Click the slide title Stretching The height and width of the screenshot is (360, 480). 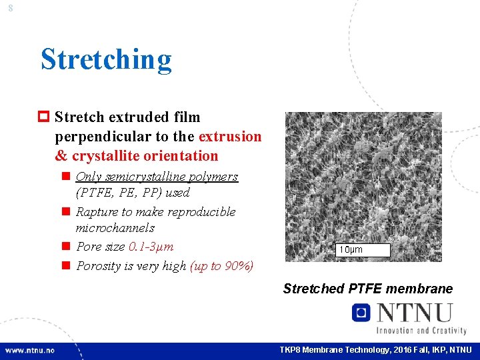tap(106, 59)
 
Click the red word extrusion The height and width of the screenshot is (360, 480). tap(230, 137)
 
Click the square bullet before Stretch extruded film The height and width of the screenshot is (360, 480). tap(45, 117)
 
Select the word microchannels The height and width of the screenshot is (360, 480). tap(115, 228)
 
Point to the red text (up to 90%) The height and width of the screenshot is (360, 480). tap(222, 266)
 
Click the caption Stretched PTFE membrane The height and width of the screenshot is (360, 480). tap(367, 289)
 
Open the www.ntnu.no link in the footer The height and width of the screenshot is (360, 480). tap(30, 350)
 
